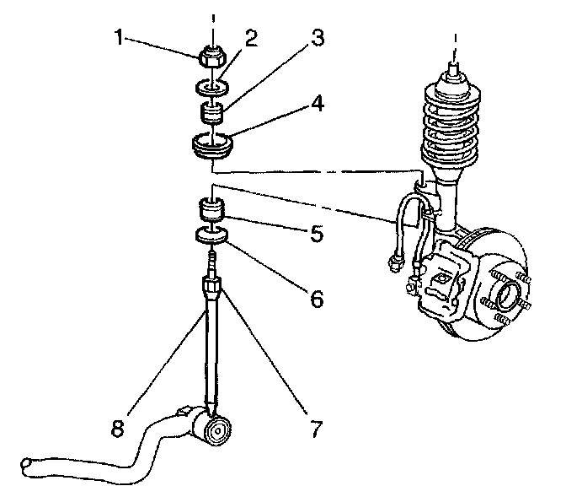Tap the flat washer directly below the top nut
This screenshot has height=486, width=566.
point(212,86)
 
